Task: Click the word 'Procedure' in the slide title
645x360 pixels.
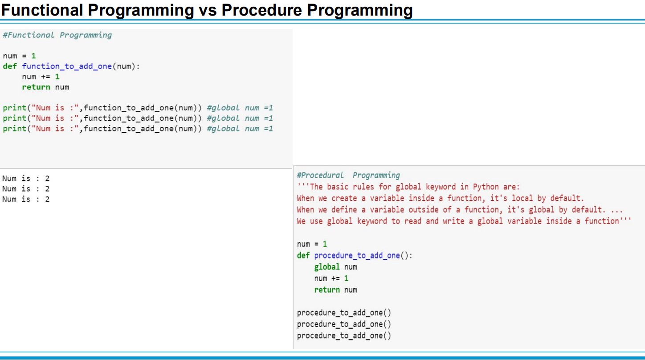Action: (262, 10)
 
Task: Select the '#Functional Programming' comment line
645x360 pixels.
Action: (57, 36)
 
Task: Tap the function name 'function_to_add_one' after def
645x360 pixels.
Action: (67, 66)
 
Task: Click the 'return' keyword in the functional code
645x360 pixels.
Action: (36, 87)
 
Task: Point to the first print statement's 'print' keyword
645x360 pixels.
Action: (15, 108)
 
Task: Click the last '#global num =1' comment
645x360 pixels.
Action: (240, 129)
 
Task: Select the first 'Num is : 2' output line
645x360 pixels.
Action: (26, 179)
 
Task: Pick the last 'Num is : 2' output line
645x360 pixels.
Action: (26, 199)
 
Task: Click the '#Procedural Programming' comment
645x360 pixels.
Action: (348, 176)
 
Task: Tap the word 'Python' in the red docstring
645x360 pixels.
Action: (486, 187)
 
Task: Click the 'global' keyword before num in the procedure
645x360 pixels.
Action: (327, 267)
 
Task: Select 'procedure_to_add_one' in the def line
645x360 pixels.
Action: (357, 255)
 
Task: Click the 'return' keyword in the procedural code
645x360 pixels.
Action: (327, 290)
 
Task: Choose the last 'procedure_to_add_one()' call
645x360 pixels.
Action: (344, 336)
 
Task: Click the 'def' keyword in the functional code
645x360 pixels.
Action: (10, 66)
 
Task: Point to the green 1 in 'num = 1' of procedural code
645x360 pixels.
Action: (325, 244)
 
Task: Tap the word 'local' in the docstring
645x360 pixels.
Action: (523, 198)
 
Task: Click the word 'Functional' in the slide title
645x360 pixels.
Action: (42, 10)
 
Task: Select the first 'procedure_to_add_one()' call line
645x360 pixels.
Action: (344, 313)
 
